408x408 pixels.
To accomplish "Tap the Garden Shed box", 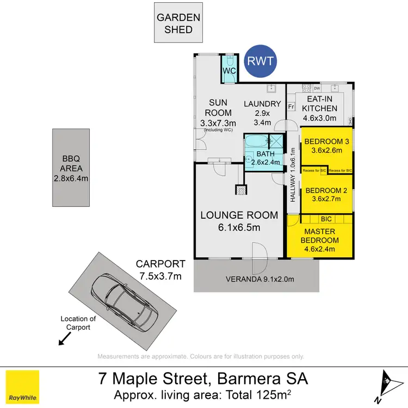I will [178, 23].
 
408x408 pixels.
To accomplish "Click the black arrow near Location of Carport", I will [64, 339].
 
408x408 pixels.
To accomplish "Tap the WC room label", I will [228, 70].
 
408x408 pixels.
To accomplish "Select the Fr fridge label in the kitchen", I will [291, 107].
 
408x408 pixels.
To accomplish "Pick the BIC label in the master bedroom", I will [326, 219].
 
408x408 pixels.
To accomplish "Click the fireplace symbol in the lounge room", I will [240, 190].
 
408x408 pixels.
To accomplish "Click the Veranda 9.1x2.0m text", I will [259, 280].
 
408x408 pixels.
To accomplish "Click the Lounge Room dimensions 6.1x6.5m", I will [239, 227].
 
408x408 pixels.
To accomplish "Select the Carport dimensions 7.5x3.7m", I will [160, 275].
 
